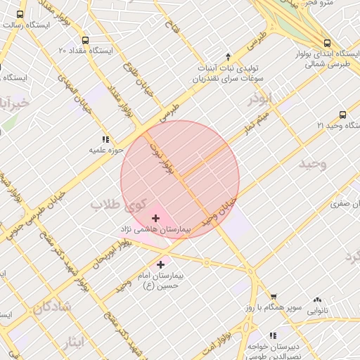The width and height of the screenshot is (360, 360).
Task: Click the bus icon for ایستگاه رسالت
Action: coord(19,13)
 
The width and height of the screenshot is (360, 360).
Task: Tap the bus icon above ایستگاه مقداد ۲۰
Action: coord(85,40)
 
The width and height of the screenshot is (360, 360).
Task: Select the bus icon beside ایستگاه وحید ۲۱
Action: coord(342,114)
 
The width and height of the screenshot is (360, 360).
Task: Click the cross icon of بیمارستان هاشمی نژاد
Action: coord(155,219)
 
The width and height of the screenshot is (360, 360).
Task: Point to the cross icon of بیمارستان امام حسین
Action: coord(161,264)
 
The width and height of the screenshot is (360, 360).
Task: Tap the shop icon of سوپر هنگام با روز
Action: coord(274,297)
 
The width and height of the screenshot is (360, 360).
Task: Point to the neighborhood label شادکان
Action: coord(51,307)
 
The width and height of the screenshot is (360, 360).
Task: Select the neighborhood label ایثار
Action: coord(71,342)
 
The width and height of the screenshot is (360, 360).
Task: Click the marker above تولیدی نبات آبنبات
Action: coord(227,56)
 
